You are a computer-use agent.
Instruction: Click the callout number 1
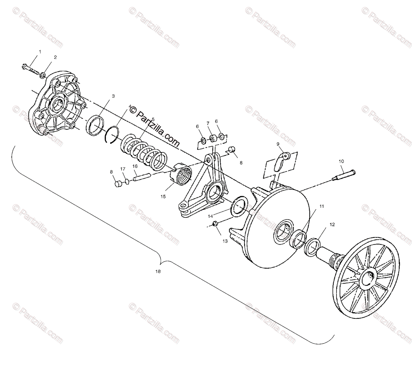[x=39, y=52]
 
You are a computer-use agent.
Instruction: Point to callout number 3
[x=109, y=97]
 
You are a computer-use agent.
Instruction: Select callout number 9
[x=278, y=144]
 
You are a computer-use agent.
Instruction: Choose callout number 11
[x=321, y=206]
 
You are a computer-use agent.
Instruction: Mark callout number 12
[x=332, y=224]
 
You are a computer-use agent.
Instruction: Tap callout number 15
[x=163, y=197]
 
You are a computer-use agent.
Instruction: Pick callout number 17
[x=123, y=169]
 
